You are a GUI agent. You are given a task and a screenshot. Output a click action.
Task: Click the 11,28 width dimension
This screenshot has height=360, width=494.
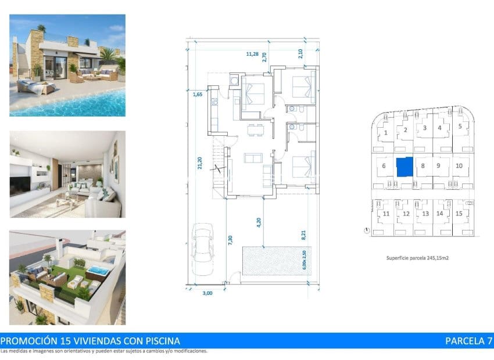pos(252,54)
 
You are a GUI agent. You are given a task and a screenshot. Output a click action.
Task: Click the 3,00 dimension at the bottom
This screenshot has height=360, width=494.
pos(207,293)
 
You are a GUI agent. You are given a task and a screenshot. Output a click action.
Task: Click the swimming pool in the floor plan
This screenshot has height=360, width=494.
pos(272,261)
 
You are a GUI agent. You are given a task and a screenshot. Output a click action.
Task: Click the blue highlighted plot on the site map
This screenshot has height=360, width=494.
pos(404,167)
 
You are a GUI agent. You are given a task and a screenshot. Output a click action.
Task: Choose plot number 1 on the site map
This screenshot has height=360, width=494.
pos(386,132)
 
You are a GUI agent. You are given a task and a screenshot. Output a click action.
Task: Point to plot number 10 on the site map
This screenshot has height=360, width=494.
pos(459,166)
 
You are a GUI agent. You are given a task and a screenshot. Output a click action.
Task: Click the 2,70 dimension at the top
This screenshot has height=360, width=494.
pos(264,57)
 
